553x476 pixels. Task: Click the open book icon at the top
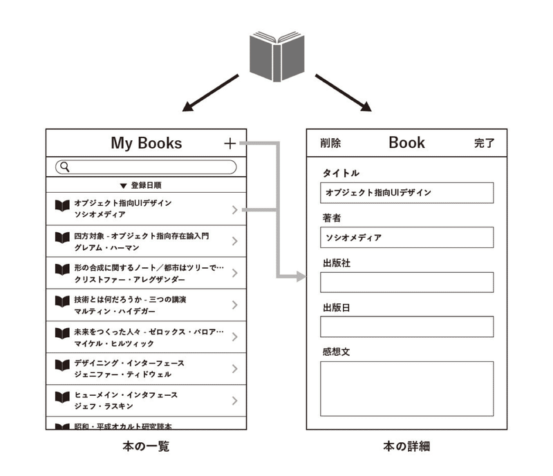point(277,57)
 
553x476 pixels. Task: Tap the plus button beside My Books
point(230,144)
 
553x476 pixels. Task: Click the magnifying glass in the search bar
point(64,166)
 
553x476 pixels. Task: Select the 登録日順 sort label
point(146,185)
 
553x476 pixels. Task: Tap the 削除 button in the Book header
point(330,143)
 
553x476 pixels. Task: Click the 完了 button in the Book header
point(485,143)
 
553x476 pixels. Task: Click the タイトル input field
point(406,193)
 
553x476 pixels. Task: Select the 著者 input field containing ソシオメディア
point(406,237)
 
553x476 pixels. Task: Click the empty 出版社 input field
point(406,282)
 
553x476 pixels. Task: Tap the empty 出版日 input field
point(406,327)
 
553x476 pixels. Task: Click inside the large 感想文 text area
point(406,388)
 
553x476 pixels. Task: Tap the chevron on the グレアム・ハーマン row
point(235,241)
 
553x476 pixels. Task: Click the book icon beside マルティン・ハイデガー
point(62,301)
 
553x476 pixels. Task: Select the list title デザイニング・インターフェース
point(129,363)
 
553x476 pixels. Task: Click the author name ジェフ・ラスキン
point(104,406)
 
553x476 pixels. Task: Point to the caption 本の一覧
point(146,446)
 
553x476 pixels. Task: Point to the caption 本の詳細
point(406,446)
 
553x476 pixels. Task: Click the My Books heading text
point(147,143)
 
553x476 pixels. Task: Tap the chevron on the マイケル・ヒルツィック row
point(235,336)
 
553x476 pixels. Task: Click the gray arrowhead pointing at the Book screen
point(301,277)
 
